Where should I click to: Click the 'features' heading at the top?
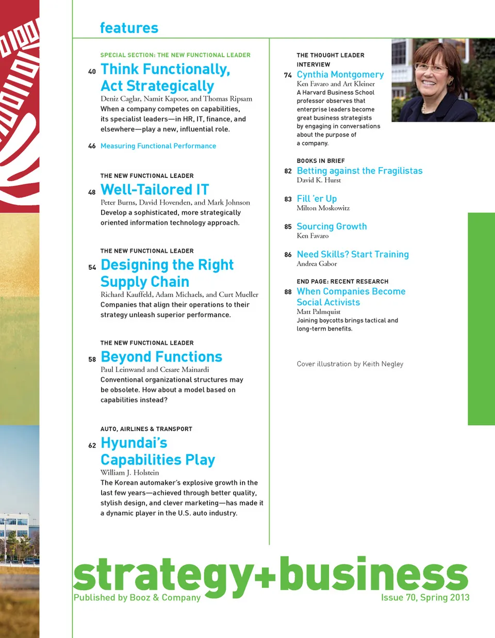click(x=129, y=28)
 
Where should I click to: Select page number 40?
click(x=92, y=72)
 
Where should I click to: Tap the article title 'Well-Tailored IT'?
click(x=155, y=190)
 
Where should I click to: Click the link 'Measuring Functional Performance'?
click(x=158, y=146)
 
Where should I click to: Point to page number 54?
click(x=92, y=268)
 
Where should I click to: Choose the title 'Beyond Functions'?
click(x=161, y=357)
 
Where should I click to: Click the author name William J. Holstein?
click(x=129, y=472)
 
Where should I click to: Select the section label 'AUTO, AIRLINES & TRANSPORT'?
click(x=146, y=429)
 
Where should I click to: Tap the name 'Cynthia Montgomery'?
click(x=340, y=75)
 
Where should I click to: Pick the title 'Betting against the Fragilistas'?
click(x=359, y=171)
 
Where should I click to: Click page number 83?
click(x=288, y=199)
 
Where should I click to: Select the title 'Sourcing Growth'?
click(x=332, y=226)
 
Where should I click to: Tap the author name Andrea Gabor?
click(x=317, y=264)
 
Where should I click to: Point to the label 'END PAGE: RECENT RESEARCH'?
click(x=342, y=282)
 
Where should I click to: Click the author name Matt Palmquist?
click(x=319, y=312)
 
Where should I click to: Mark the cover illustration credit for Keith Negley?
click(x=350, y=364)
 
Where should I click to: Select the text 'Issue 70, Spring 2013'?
click(x=425, y=597)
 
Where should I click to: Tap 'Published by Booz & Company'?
click(x=137, y=597)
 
